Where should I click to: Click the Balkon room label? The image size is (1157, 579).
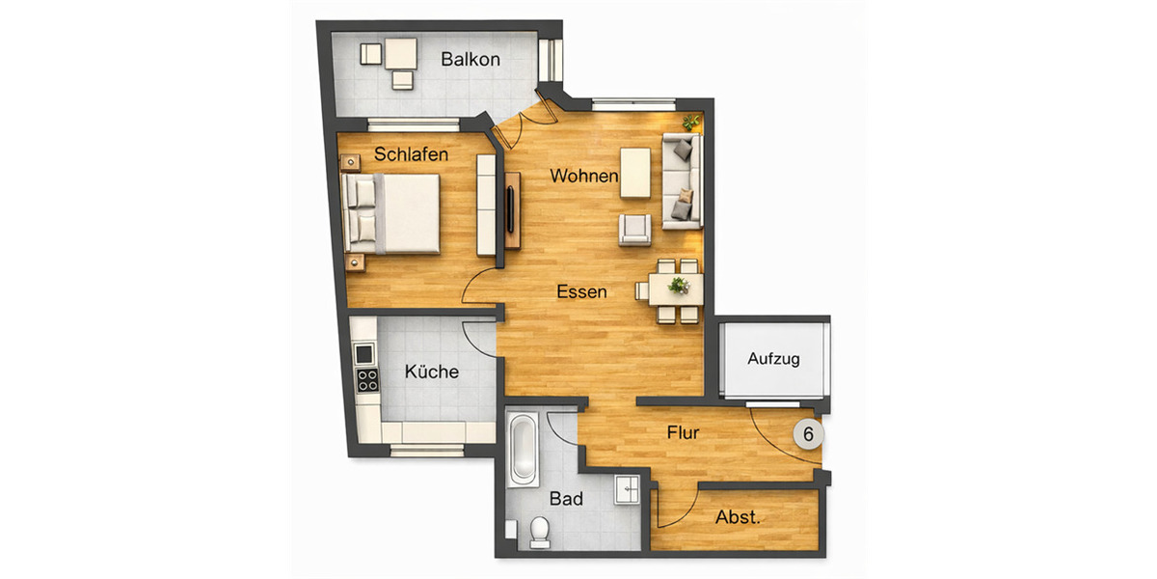471,60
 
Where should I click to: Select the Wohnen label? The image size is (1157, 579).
583,176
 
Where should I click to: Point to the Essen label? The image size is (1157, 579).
581,290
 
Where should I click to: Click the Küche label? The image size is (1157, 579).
431,372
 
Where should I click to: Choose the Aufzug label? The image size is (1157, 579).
773,359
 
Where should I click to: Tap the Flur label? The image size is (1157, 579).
683,433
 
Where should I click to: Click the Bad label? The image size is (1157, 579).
566,499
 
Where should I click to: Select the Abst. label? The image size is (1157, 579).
738,517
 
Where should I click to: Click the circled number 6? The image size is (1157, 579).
808,434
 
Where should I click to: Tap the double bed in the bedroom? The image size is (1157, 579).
393,212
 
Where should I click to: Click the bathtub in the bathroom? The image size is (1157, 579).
524,450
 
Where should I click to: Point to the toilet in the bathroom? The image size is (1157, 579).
539,532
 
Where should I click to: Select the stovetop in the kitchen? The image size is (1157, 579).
366,380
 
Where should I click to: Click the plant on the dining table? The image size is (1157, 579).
680,286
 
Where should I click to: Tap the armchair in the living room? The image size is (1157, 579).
635,229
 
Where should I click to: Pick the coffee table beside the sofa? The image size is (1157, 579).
634,172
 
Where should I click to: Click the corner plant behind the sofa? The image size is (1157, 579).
691,123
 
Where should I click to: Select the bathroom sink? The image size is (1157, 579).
628,489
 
